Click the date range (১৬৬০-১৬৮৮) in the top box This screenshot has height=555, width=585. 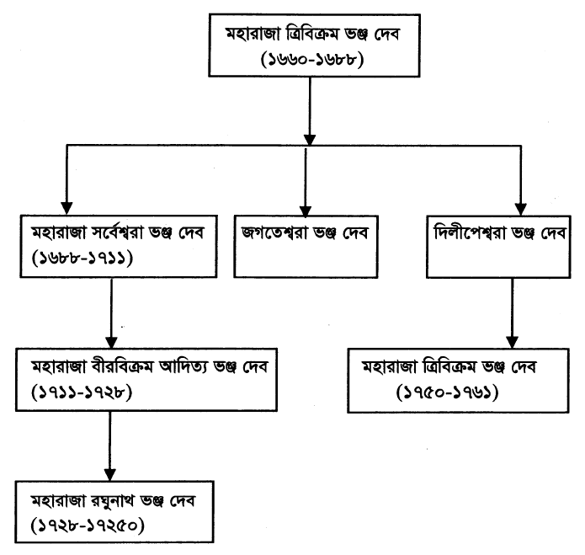coord(311,59)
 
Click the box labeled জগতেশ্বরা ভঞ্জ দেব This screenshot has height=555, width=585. coord(306,245)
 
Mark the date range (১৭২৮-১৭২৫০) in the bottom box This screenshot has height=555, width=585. coord(85,526)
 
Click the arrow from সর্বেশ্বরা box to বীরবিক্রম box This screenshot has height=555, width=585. coord(112,312)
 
